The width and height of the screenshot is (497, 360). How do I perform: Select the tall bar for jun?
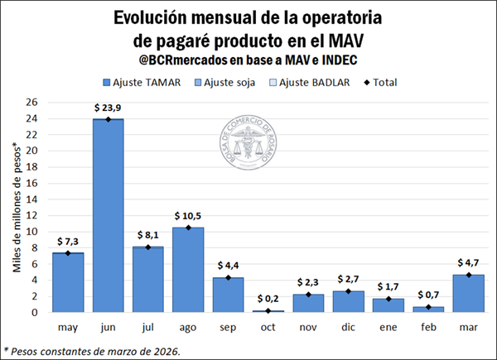coord(108,215)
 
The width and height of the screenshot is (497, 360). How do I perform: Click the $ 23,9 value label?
coord(108,108)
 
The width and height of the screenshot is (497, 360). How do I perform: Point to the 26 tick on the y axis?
coord(32,103)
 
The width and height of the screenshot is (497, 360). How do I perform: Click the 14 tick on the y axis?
coord(32,199)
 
